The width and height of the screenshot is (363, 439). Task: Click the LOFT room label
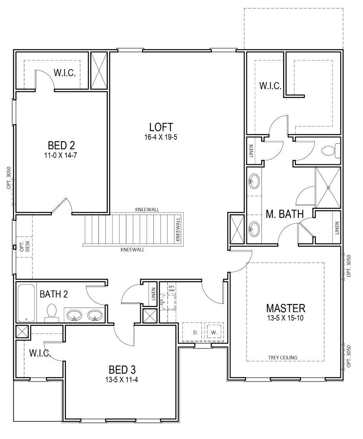click(x=161, y=127)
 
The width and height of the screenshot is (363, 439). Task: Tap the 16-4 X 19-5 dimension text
click(x=161, y=137)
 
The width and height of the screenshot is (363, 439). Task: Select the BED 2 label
click(x=61, y=145)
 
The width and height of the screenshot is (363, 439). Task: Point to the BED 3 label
click(x=122, y=370)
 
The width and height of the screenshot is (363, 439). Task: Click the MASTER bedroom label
click(x=286, y=308)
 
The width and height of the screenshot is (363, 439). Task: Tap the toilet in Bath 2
click(x=51, y=313)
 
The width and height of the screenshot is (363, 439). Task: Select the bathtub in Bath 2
click(x=26, y=303)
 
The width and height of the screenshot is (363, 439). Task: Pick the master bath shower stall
click(x=328, y=188)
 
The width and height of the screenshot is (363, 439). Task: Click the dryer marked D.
click(x=192, y=332)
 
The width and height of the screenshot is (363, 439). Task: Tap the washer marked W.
click(x=214, y=332)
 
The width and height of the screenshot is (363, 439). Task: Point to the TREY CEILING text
click(x=283, y=358)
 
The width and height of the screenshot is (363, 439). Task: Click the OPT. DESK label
click(x=25, y=247)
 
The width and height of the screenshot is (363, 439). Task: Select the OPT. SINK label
click(x=172, y=289)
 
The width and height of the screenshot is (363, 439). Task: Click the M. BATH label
click(x=285, y=214)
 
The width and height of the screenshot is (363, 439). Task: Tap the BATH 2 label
click(x=54, y=294)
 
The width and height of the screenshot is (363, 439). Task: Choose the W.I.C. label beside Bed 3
click(x=40, y=353)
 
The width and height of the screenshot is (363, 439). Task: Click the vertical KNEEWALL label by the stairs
click(x=178, y=229)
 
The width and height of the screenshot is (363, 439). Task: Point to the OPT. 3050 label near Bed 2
click(x=9, y=178)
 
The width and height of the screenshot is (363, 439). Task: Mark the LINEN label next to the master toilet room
click(x=251, y=151)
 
